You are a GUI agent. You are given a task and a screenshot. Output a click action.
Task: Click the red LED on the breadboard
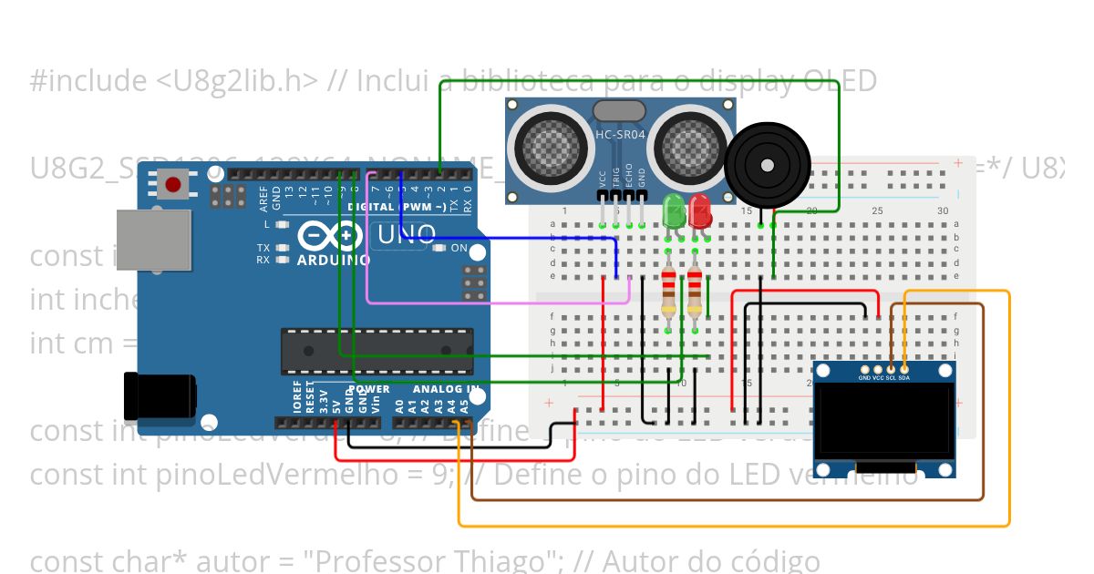coord(701,210)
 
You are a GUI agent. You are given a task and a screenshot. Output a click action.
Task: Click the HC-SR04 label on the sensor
coord(620,135)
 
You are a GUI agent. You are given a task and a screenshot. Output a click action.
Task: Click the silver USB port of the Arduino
coord(153,241)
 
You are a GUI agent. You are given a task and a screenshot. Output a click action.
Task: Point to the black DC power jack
coord(159,397)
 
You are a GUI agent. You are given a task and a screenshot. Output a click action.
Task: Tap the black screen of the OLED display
coord(884,420)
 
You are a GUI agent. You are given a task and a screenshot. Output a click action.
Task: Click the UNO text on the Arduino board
coord(407,236)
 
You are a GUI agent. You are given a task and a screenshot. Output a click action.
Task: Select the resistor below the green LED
coord(669,291)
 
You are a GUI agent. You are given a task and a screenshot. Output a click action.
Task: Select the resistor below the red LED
coord(696,291)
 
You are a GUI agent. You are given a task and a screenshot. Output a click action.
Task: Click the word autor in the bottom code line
coord(207,561)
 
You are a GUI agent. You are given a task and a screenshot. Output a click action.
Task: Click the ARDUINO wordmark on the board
coord(334,260)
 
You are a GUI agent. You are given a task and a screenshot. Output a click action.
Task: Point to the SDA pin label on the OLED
coord(903,377)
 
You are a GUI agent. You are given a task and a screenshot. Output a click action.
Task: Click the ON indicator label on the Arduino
coord(459,248)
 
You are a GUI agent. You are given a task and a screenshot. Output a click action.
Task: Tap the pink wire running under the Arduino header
coord(492,302)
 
